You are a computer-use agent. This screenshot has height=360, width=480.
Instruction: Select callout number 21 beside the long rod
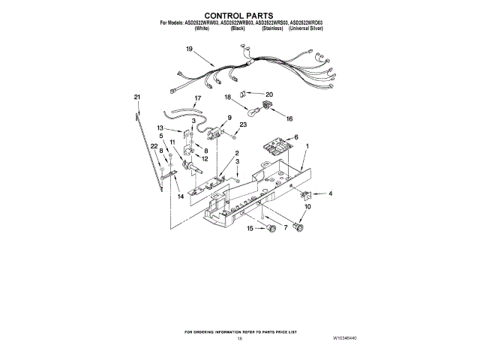pos(136,97)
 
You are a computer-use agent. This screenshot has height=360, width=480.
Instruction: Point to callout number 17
pos(198,98)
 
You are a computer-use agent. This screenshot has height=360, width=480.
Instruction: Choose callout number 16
pos(289,118)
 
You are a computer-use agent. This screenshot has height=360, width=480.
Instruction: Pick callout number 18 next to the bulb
pos(228,97)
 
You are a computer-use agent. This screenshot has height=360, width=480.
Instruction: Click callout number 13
pos(160,128)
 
